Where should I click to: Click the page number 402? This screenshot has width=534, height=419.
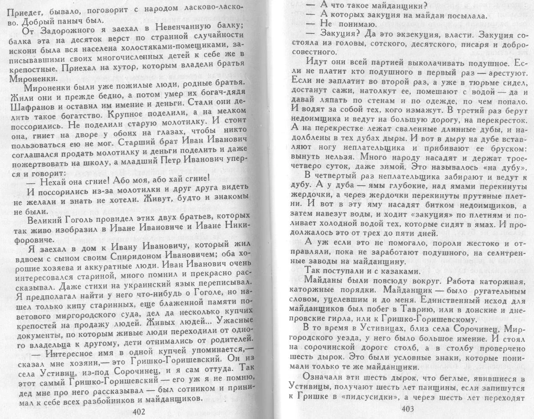click(139, 411)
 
